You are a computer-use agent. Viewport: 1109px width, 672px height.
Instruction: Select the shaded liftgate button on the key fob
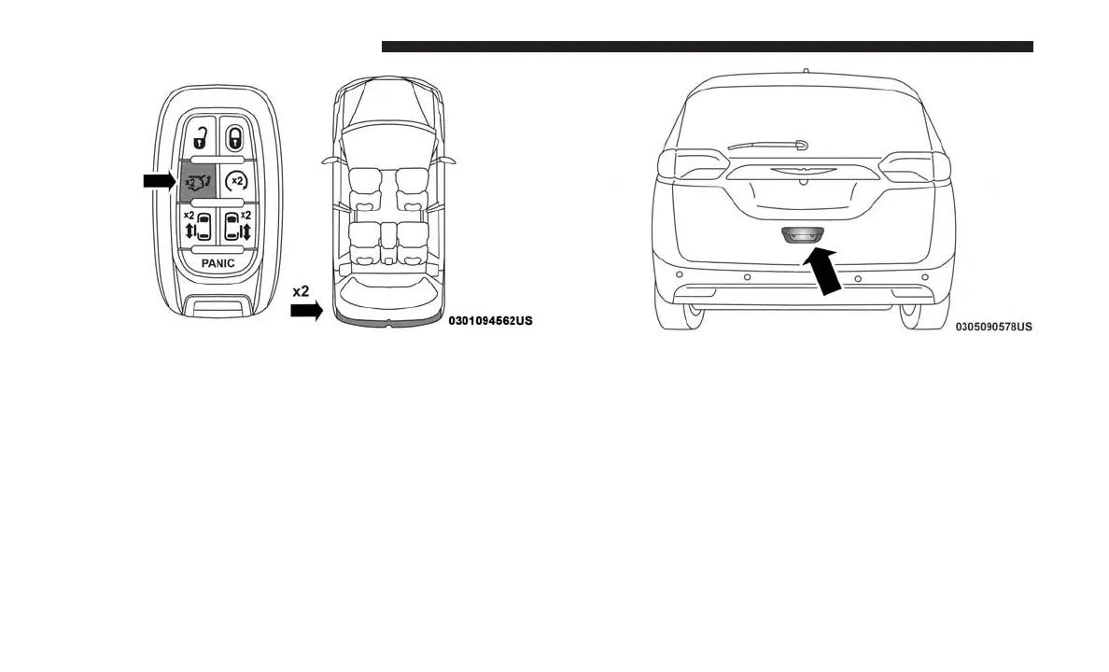[198, 180]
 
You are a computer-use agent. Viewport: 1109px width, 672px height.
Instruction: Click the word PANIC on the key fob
[218, 264]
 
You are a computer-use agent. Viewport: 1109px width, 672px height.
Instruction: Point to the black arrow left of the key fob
[159, 180]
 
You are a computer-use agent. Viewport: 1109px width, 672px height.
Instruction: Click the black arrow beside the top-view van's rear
[305, 311]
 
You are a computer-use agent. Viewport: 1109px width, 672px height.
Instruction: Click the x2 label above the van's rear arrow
[301, 291]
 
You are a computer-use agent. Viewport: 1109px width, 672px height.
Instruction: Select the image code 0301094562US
[490, 321]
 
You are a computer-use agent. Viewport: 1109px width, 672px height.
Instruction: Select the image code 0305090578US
[993, 327]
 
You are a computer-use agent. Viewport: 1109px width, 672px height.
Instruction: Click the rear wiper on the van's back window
[766, 145]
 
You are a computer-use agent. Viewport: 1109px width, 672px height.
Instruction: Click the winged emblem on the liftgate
[802, 172]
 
